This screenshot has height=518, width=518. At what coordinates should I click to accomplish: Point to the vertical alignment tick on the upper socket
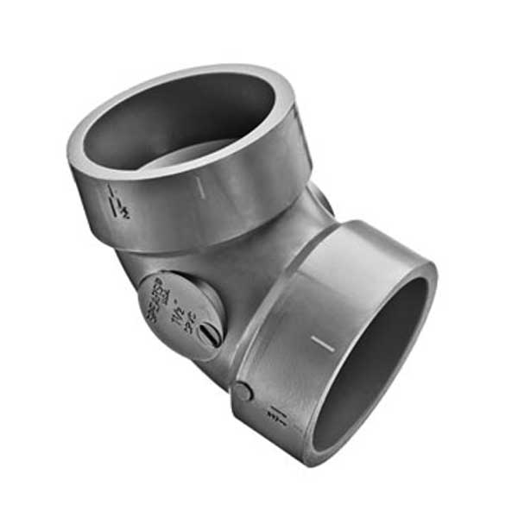[200, 186]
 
